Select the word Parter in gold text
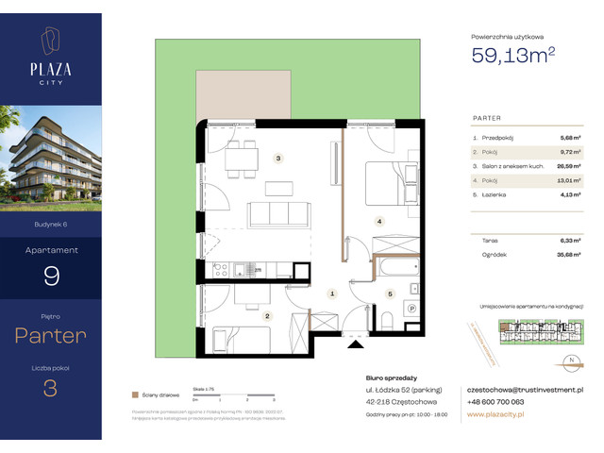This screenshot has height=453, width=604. pyautogui.click(x=51, y=334)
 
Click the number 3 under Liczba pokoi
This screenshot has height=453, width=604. pyautogui.click(x=51, y=388)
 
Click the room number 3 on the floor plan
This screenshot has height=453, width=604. pyautogui.click(x=277, y=159)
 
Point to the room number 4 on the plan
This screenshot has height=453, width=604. pyautogui.click(x=379, y=222)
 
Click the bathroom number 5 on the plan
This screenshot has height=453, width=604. pyautogui.click(x=388, y=294)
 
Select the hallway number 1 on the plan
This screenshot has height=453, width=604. pyautogui.click(x=332, y=294)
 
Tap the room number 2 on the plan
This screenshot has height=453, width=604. pyautogui.click(x=267, y=316)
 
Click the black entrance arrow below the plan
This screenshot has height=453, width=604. pyautogui.click(x=354, y=344)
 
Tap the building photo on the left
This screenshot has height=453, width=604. pyautogui.click(x=51, y=158)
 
